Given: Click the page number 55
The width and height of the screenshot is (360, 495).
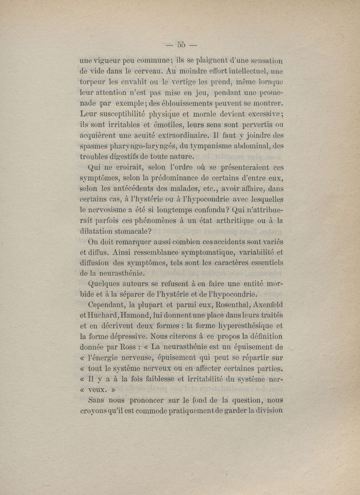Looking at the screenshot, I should tap(181, 44).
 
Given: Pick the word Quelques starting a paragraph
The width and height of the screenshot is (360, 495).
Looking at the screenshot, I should tap(106, 284).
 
